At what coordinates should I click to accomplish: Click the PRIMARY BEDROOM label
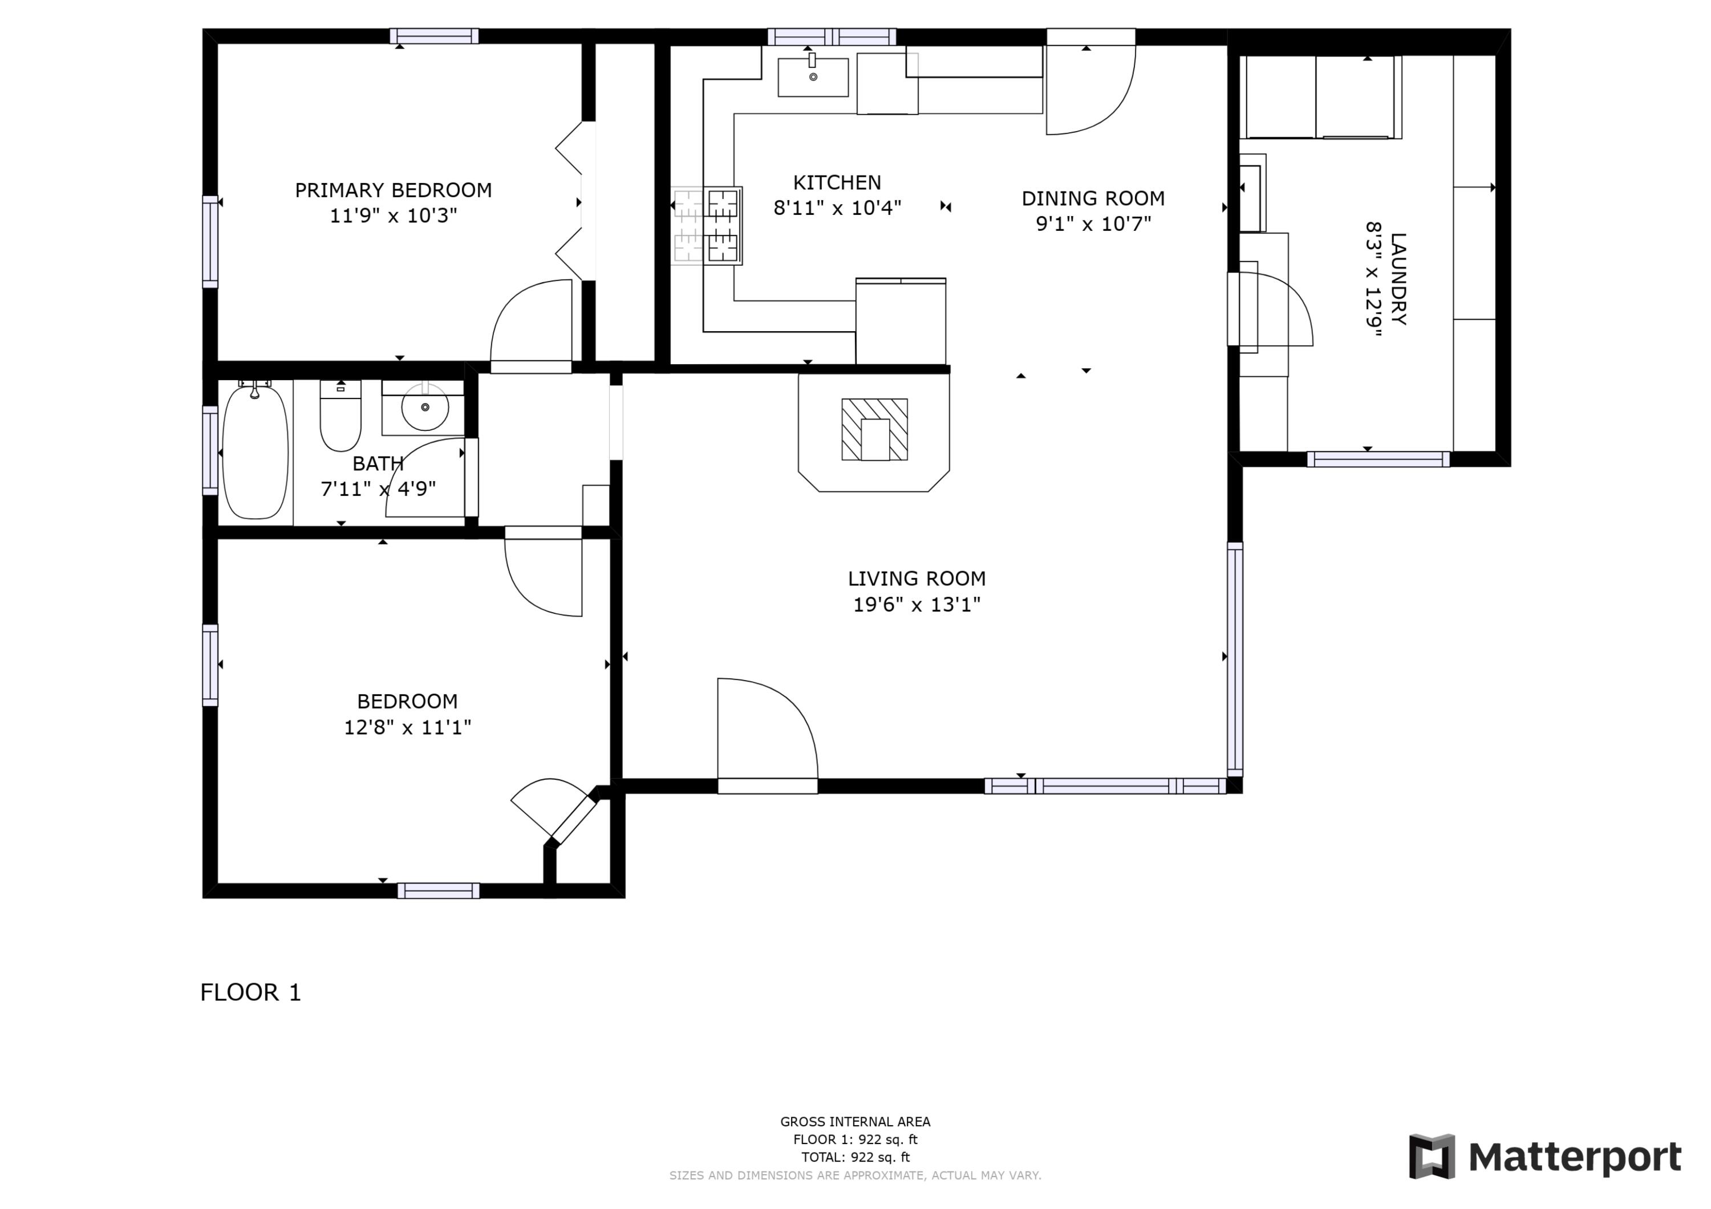393,190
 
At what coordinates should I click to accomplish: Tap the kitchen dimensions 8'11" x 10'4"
837,208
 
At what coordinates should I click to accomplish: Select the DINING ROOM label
1093,198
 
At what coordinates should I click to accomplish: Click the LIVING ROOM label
916,578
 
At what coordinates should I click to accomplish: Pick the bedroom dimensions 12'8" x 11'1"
407,726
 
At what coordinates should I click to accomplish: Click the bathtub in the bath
255,452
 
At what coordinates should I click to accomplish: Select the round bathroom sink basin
425,408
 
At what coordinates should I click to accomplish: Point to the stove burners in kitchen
707,225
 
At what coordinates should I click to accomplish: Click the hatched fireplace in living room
874,429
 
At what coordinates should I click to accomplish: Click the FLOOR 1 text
250,992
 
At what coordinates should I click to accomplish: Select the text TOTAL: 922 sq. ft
855,1157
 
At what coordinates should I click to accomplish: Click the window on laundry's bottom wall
1378,459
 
